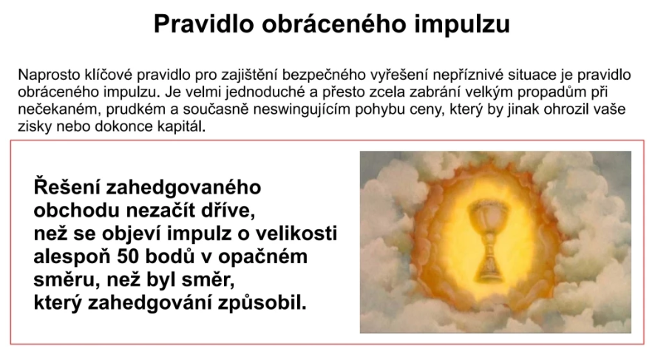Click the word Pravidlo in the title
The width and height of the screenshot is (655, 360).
[204, 24]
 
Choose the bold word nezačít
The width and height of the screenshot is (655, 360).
[161, 210]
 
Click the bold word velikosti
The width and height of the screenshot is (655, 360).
[296, 234]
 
